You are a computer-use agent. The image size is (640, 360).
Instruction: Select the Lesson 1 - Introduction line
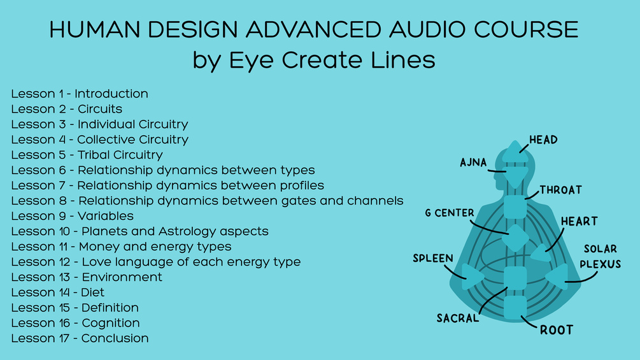(80, 94)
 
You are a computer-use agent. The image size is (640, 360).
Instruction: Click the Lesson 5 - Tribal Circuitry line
(87, 155)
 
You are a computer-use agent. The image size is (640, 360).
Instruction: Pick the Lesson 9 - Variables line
(72, 216)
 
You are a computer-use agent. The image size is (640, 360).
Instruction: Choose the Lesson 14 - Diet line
(58, 292)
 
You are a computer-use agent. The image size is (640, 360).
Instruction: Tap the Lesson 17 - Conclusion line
(80, 338)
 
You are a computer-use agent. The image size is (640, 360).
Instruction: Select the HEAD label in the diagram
(543, 140)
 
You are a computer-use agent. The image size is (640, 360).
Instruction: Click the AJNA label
(473, 162)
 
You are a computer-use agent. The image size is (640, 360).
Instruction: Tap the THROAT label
(561, 190)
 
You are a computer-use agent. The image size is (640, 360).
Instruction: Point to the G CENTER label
(450, 213)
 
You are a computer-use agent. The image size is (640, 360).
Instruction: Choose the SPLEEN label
(433, 258)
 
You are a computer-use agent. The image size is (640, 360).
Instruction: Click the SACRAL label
(458, 318)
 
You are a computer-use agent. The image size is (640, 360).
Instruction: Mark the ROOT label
(557, 330)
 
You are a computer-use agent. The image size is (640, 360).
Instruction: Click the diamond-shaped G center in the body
(515, 238)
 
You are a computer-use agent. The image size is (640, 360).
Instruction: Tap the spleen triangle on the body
(473, 277)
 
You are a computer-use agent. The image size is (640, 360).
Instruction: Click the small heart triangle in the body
(541, 253)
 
